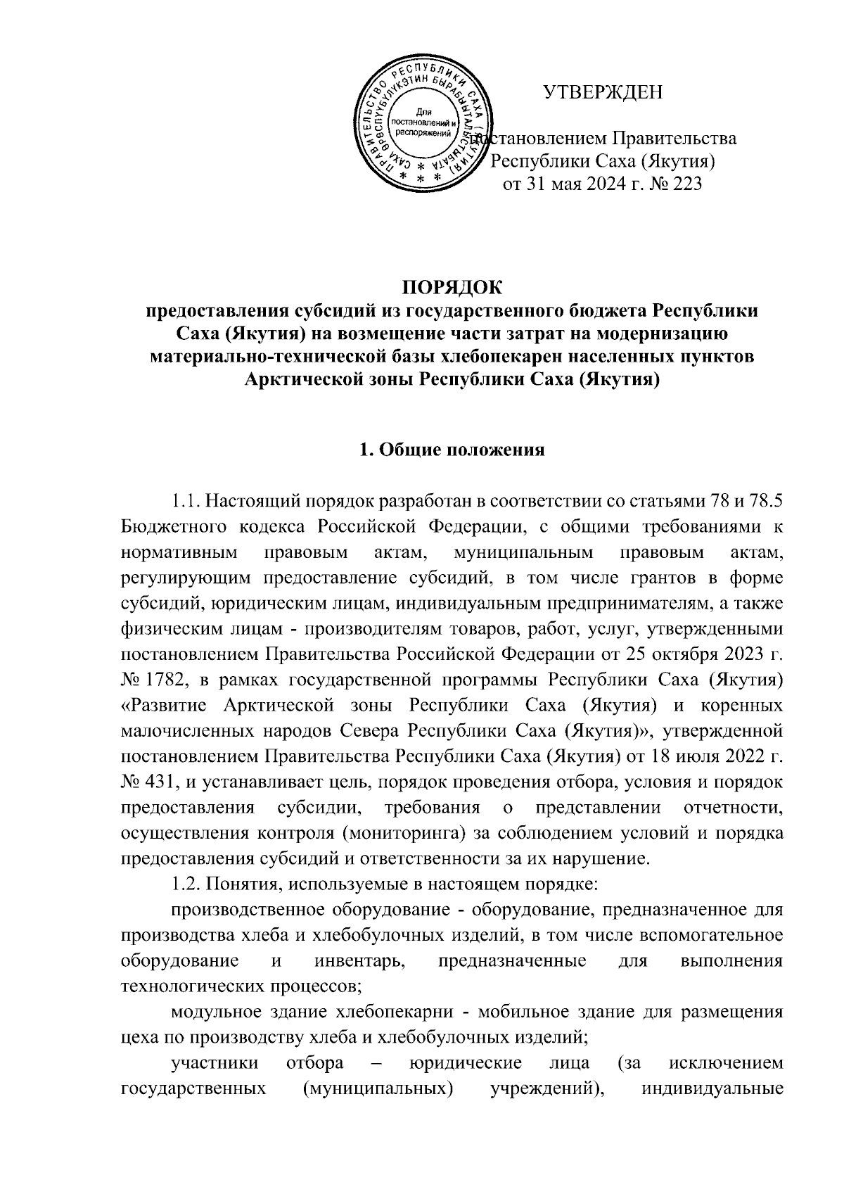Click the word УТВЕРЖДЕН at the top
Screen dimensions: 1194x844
[x=603, y=92]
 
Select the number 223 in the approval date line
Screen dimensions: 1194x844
[x=684, y=184]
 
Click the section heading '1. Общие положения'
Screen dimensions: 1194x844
[x=452, y=450]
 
